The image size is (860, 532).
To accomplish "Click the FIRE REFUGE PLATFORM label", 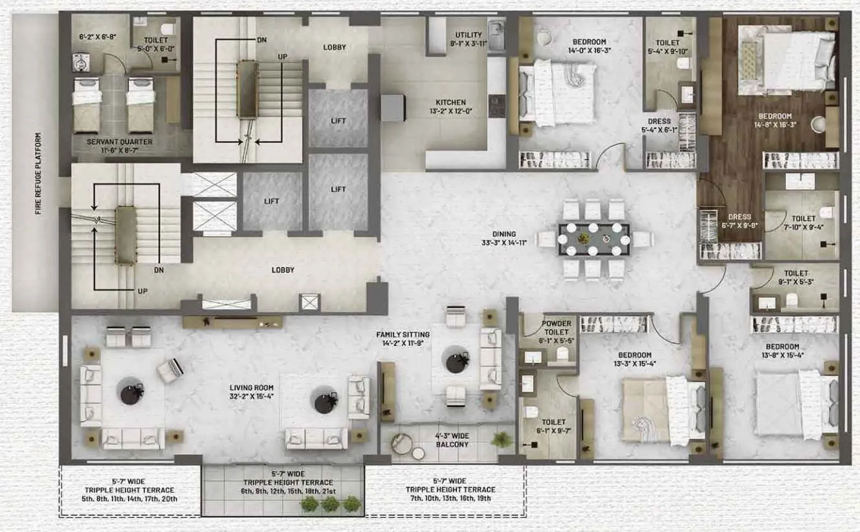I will (x=38, y=173).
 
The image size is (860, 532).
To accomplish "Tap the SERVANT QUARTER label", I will (x=119, y=141).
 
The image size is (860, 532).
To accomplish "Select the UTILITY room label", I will (x=468, y=35).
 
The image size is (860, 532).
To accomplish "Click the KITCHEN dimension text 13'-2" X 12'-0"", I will (x=450, y=111).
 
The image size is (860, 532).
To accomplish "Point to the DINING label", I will (x=504, y=234).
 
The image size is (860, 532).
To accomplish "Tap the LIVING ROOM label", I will (x=251, y=388).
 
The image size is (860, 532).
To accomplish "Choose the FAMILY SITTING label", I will (x=403, y=335).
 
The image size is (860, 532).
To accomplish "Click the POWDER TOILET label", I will (x=556, y=328).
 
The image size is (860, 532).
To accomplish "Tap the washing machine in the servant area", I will (x=80, y=62).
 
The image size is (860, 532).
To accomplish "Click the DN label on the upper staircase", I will (x=262, y=40).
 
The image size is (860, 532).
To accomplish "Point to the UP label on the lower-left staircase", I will (x=142, y=291).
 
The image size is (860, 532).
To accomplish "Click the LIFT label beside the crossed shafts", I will (x=271, y=201).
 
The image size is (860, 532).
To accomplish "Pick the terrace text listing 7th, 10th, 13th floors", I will (x=450, y=498).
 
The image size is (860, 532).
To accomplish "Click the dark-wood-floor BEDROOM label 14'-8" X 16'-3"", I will (x=775, y=116).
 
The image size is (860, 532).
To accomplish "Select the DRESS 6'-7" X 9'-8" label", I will (x=739, y=217).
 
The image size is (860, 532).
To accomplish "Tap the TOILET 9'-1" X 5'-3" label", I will (x=795, y=273).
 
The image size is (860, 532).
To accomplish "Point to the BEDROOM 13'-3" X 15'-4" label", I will (x=634, y=355).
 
